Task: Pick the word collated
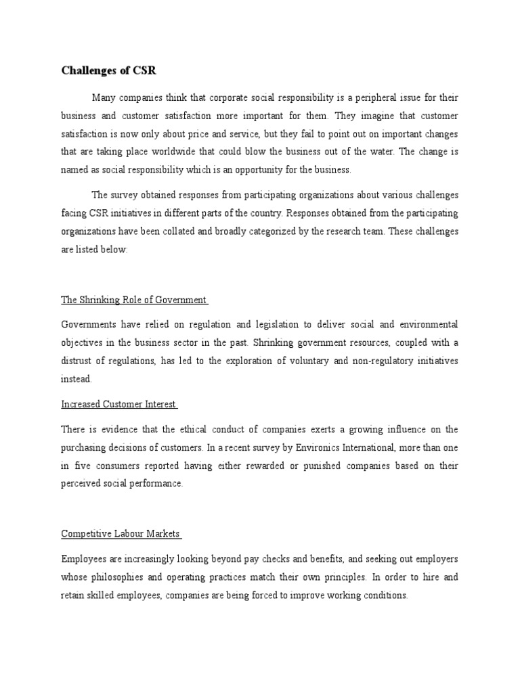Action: (x=178, y=232)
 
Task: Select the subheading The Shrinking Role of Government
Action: (x=134, y=300)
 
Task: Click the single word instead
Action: (x=76, y=380)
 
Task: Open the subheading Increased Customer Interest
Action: (x=118, y=405)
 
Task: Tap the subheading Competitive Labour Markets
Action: (x=121, y=534)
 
